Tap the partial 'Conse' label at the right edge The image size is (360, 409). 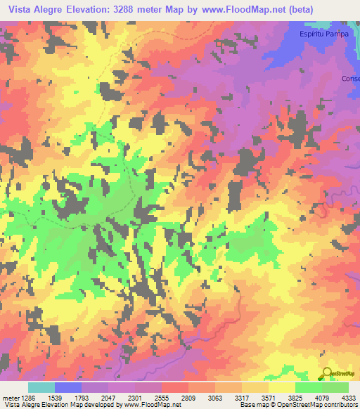(x=350, y=78)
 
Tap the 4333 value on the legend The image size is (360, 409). (x=347, y=398)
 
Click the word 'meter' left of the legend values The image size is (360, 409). (x=11, y=398)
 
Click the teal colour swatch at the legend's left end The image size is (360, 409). (x=41, y=387)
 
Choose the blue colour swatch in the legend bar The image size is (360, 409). (x=68, y=387)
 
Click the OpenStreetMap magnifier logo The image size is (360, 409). (x=327, y=373)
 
